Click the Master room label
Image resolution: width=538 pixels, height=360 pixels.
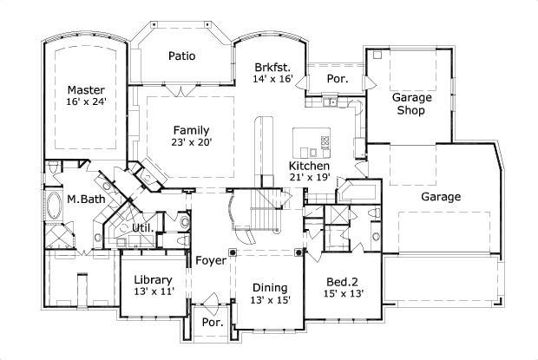click(86, 89)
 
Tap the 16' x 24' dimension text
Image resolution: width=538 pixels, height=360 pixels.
click(86, 101)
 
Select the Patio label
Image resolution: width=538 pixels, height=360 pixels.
click(181, 56)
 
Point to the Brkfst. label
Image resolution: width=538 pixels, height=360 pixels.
click(272, 67)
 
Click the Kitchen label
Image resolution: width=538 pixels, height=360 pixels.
click(309, 165)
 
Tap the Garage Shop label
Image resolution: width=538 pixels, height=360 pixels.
click(414, 104)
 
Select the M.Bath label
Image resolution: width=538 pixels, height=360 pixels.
click(87, 200)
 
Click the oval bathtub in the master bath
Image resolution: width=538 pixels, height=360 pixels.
click(53, 205)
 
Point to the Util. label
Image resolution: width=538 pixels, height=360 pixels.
click(142, 228)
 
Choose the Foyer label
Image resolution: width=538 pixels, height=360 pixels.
click(211, 260)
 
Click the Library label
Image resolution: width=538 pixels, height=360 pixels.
click(154, 280)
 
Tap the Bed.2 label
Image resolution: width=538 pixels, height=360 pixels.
click(342, 281)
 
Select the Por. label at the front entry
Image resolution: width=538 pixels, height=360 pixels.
click(213, 322)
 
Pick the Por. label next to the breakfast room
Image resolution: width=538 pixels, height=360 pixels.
click(336, 77)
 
